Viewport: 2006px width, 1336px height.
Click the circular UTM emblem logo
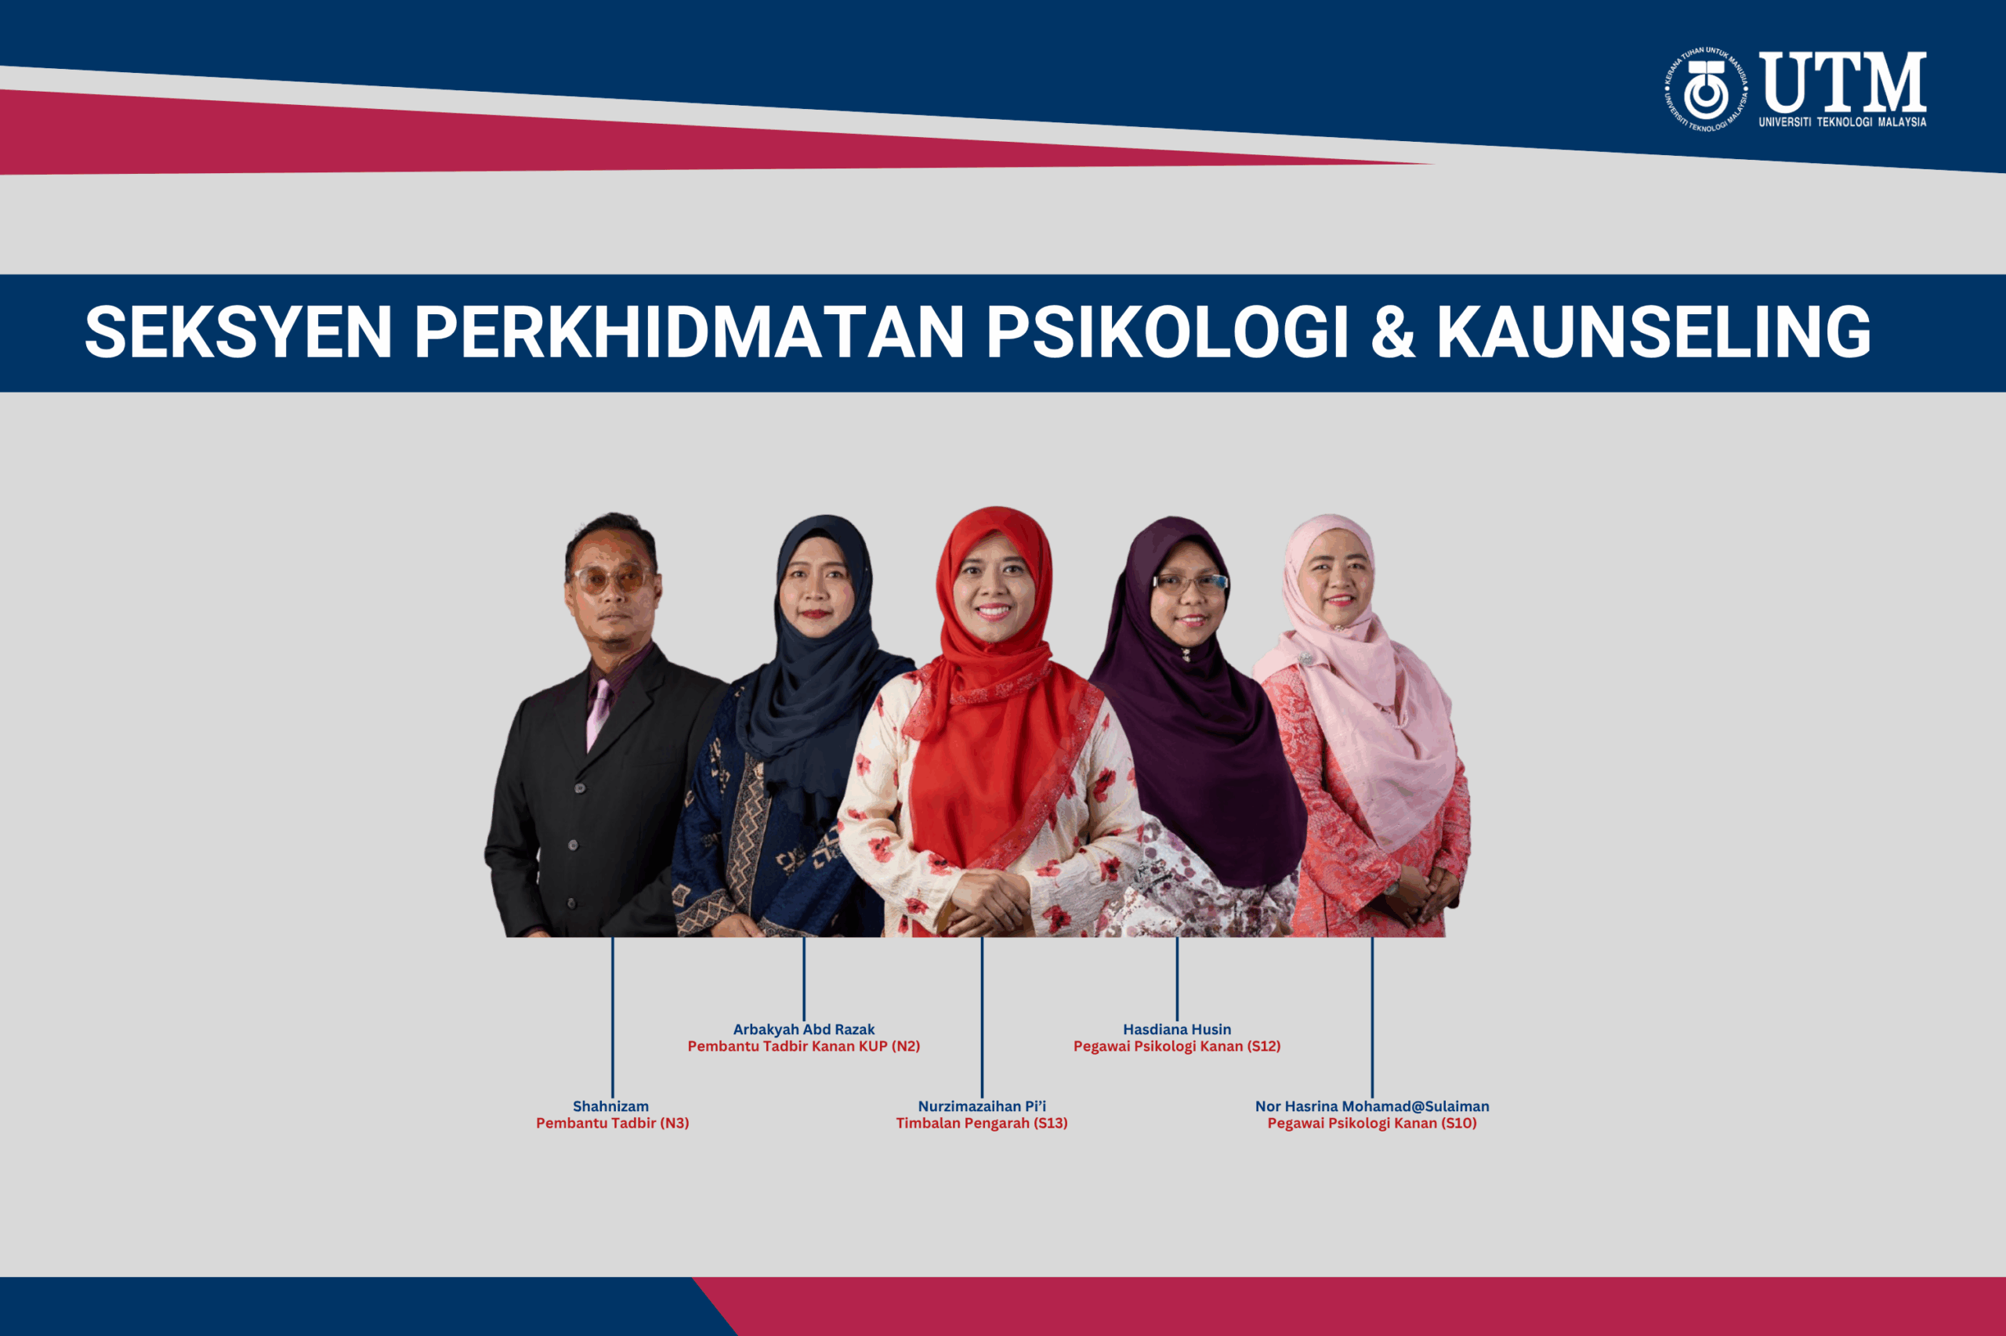tap(1706, 89)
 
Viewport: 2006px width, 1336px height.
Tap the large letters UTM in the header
tap(1843, 81)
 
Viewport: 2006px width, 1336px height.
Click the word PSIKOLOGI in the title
tap(1168, 331)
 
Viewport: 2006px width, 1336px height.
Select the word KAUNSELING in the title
tap(1654, 331)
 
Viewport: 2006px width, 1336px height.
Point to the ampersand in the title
tap(1393, 331)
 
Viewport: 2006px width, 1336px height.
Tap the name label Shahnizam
tap(610, 1106)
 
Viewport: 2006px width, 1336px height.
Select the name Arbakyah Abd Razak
tap(804, 1030)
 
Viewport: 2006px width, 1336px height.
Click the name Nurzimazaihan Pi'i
tap(982, 1106)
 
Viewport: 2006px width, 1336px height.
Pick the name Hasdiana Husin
tap(1177, 1030)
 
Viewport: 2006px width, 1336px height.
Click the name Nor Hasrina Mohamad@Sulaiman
tap(1372, 1106)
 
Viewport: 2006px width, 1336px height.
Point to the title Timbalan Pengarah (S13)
tap(982, 1123)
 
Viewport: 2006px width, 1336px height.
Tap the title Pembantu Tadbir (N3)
tap(613, 1123)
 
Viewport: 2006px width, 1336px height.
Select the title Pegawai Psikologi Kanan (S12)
tap(1177, 1046)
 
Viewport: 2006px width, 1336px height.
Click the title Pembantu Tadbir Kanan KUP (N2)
tap(804, 1046)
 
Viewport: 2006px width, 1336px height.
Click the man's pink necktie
tap(598, 714)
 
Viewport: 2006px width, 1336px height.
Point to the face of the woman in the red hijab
tap(993, 587)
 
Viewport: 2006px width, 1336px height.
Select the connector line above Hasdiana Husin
tap(1177, 978)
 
